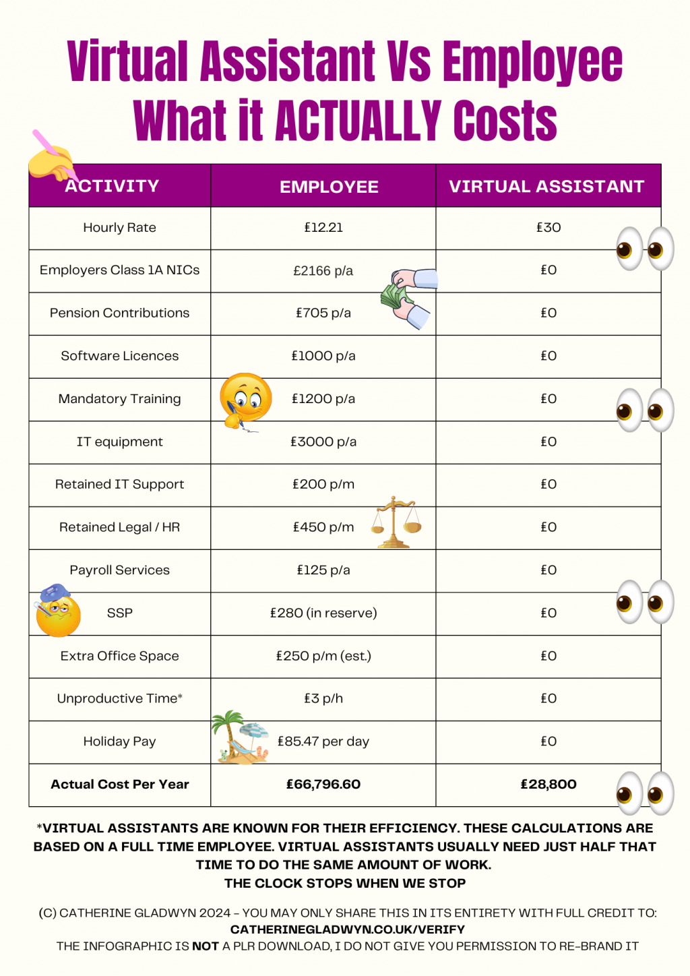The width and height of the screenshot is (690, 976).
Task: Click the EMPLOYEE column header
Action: coord(329,187)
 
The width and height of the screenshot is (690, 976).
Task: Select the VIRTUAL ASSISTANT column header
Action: coord(546,186)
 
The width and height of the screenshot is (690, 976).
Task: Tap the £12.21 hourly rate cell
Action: coord(323,228)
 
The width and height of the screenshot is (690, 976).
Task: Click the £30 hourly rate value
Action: coord(548,228)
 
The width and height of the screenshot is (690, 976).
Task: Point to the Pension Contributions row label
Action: coord(119,313)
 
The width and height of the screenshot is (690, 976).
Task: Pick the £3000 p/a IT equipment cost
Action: coord(323,441)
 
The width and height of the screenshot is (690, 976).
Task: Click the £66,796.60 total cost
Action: coord(323,784)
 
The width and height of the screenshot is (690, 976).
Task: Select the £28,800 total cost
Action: coord(548,784)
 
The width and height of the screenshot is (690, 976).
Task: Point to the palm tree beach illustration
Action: coord(240,737)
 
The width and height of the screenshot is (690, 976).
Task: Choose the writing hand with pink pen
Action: coord(51,158)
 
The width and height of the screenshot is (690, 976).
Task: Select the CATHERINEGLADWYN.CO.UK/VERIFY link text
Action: coord(348,929)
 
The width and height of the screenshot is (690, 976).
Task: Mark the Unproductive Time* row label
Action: coord(119,698)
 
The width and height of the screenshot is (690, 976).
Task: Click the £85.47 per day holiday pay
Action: coord(323,741)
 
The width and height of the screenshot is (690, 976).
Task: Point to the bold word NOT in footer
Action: coord(205,946)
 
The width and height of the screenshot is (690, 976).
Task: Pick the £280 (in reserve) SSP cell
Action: coord(323,613)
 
